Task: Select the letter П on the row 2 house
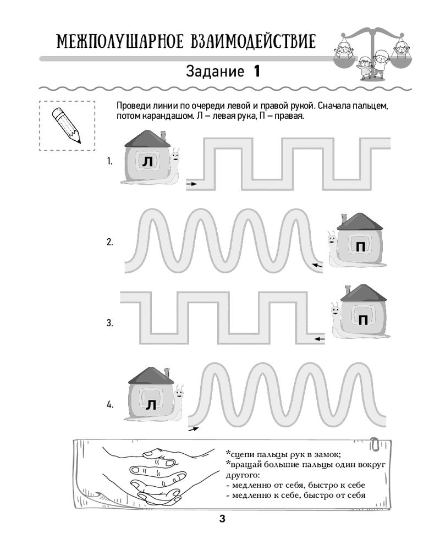[360, 247]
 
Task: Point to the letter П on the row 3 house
[364, 319]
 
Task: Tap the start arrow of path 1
[191, 184]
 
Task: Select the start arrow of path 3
[318, 339]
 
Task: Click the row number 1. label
[110, 162]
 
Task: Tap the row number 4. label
[110, 405]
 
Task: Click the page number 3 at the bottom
[222, 519]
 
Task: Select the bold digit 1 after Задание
[256, 71]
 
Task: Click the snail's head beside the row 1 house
[175, 156]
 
